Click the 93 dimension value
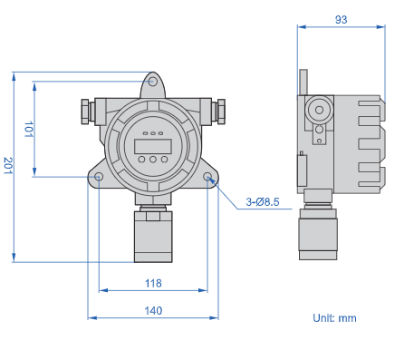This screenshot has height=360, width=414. (x=341, y=20)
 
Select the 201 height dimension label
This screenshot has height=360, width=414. (x=8, y=165)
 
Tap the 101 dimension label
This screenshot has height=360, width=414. (x=29, y=130)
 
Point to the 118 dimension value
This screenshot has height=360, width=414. (x=153, y=283)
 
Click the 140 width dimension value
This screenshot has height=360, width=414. (x=153, y=310)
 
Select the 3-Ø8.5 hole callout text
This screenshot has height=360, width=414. (x=263, y=201)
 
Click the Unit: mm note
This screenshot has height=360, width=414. (x=334, y=318)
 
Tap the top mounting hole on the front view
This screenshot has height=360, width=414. (x=153, y=82)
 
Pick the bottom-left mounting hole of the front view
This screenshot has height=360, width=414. (x=99, y=177)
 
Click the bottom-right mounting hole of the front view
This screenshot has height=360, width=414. (x=207, y=177)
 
